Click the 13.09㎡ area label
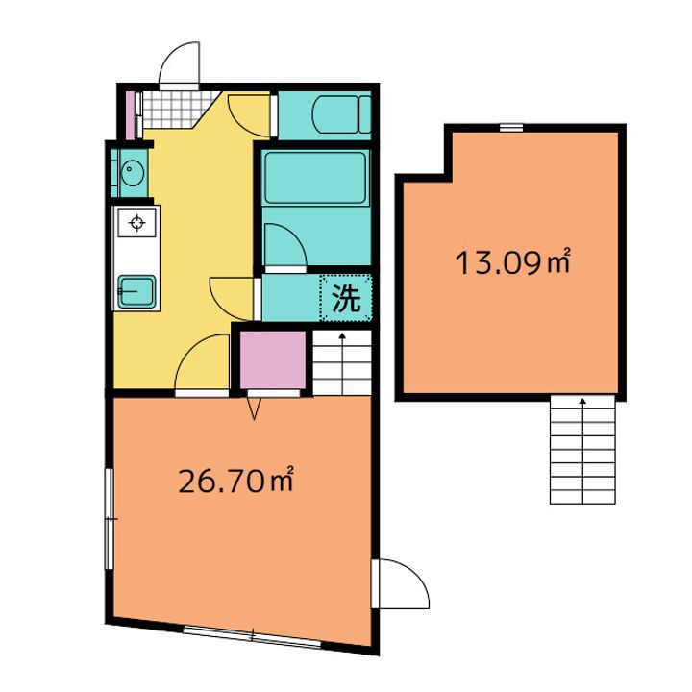pos(513,261)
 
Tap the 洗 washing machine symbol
pos(346,298)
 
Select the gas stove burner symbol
pos(136,222)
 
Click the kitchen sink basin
pos(136,292)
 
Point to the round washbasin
pos(132,173)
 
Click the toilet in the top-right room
pos(341,114)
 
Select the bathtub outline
pos(315,178)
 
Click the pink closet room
pos(273,360)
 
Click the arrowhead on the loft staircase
pos(582,401)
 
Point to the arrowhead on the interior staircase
pos(342,335)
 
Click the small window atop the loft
pos(511,128)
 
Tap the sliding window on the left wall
pos(109,519)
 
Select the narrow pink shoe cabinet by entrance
pos(130,115)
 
